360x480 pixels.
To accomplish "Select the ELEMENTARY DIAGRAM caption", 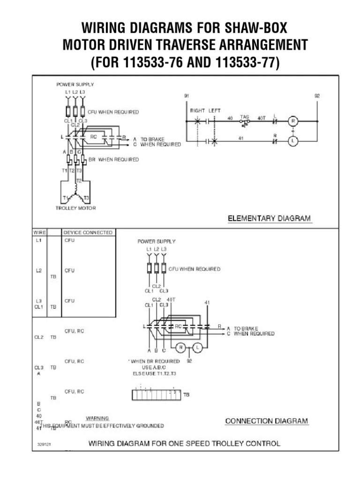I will [x=269, y=218].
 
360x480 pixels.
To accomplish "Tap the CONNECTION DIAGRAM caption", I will [x=267, y=420].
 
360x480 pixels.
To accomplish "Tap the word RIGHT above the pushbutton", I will [x=198, y=111].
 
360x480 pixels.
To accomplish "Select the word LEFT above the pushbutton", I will [x=215, y=111].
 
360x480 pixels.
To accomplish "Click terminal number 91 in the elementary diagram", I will [x=186, y=96].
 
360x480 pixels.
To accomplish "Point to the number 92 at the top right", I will [x=316, y=96].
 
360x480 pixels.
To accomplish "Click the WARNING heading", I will [x=97, y=418].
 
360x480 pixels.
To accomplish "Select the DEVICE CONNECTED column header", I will [x=88, y=232].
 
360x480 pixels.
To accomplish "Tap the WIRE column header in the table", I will [x=38, y=232].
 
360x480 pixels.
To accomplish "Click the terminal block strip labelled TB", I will [x=156, y=395].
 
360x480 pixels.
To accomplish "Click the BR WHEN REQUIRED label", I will [x=113, y=159].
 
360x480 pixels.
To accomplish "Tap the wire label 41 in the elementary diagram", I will [x=240, y=139].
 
